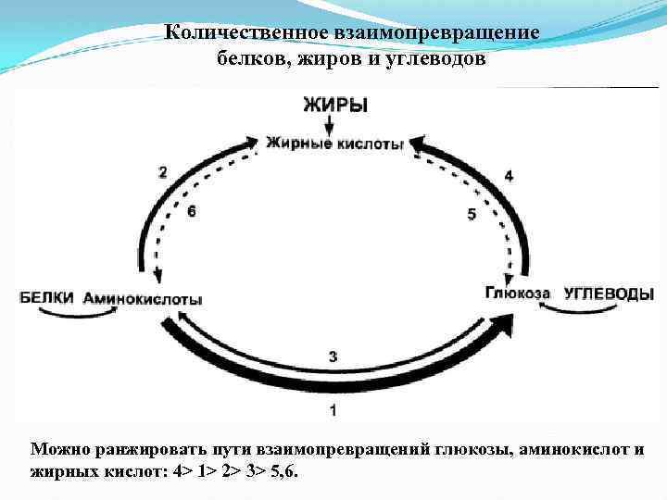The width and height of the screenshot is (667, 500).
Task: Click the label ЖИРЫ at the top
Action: coord(334,105)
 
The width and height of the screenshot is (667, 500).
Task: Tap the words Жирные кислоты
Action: coord(334,144)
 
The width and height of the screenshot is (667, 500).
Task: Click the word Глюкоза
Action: coord(517,294)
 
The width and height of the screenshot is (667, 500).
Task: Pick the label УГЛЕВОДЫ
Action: coord(608,294)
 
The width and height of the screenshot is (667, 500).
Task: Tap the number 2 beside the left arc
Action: coord(163,171)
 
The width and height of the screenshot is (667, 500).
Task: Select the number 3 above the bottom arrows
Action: coord(333,356)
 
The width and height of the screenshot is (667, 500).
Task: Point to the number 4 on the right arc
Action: coord(509,175)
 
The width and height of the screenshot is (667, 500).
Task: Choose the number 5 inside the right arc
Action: coord(472,214)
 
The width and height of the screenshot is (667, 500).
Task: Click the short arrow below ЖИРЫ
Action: coord(333,124)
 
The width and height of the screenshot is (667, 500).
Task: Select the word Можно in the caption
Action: coord(55,449)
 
